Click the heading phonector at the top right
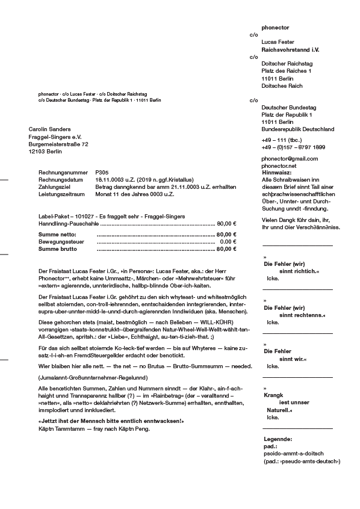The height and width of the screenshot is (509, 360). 275,28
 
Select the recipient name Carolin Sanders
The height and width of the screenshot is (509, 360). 49,129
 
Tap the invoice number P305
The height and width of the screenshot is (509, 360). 102,172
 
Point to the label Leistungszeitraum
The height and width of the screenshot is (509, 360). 62,194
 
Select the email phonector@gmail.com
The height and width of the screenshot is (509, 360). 290,158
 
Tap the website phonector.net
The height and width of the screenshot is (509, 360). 279,165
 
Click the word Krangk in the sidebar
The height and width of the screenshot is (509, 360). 273,395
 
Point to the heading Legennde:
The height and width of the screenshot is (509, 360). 278,439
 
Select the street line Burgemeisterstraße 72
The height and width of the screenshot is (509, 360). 58,144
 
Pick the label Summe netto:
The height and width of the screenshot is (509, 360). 57,234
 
